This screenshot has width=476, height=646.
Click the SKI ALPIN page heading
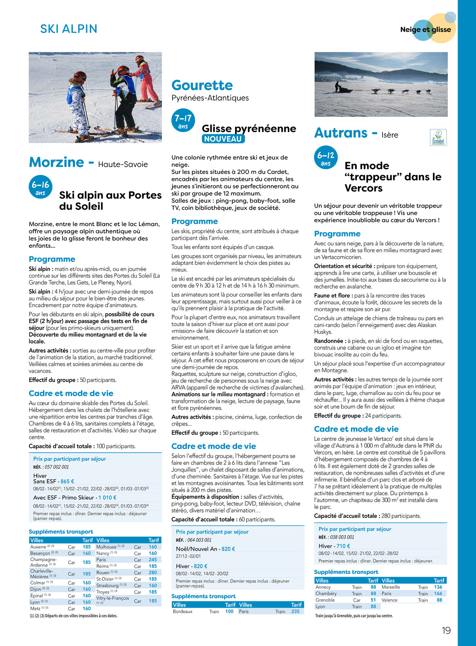pos(69,29)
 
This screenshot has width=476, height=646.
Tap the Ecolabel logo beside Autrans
pos(438,137)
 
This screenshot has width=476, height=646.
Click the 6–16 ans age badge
pos(40,188)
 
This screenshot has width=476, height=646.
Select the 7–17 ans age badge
pos(183,121)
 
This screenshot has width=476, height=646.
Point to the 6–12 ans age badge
pos(326,158)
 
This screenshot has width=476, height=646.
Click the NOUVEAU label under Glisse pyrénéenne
pos(223,139)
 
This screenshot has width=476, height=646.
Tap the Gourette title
pos(202,85)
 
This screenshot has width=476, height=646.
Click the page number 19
pos(446,631)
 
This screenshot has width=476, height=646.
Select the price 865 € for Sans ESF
pos(67,481)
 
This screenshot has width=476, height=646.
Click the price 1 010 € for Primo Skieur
pos(107,497)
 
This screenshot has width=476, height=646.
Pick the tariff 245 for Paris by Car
pos(153,560)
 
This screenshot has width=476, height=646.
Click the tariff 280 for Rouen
pos(153,573)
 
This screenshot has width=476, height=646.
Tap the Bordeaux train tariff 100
pos(229,611)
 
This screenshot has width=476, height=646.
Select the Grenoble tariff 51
pos(373,600)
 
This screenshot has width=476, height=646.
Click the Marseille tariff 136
pos(438,587)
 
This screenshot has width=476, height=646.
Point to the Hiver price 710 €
pos(343,546)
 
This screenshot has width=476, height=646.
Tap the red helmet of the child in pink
pos(139,59)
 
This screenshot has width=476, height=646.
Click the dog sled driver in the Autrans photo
pos(337,86)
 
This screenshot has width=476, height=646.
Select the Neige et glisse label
pos(426,29)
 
